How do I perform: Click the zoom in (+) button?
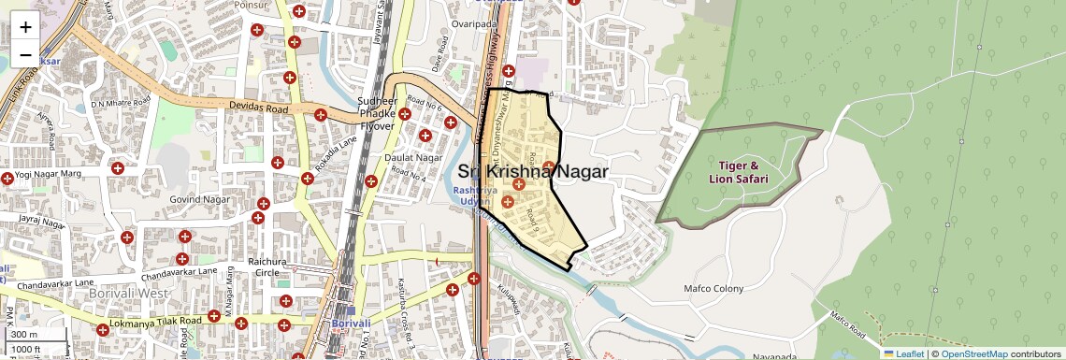(25, 27)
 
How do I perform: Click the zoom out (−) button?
(25, 55)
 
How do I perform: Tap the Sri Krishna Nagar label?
(533, 171)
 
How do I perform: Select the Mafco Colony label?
(713, 288)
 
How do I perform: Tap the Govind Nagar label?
(198, 198)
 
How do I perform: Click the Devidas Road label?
(258, 108)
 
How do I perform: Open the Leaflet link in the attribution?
(903, 353)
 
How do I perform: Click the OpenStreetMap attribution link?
(973, 353)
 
